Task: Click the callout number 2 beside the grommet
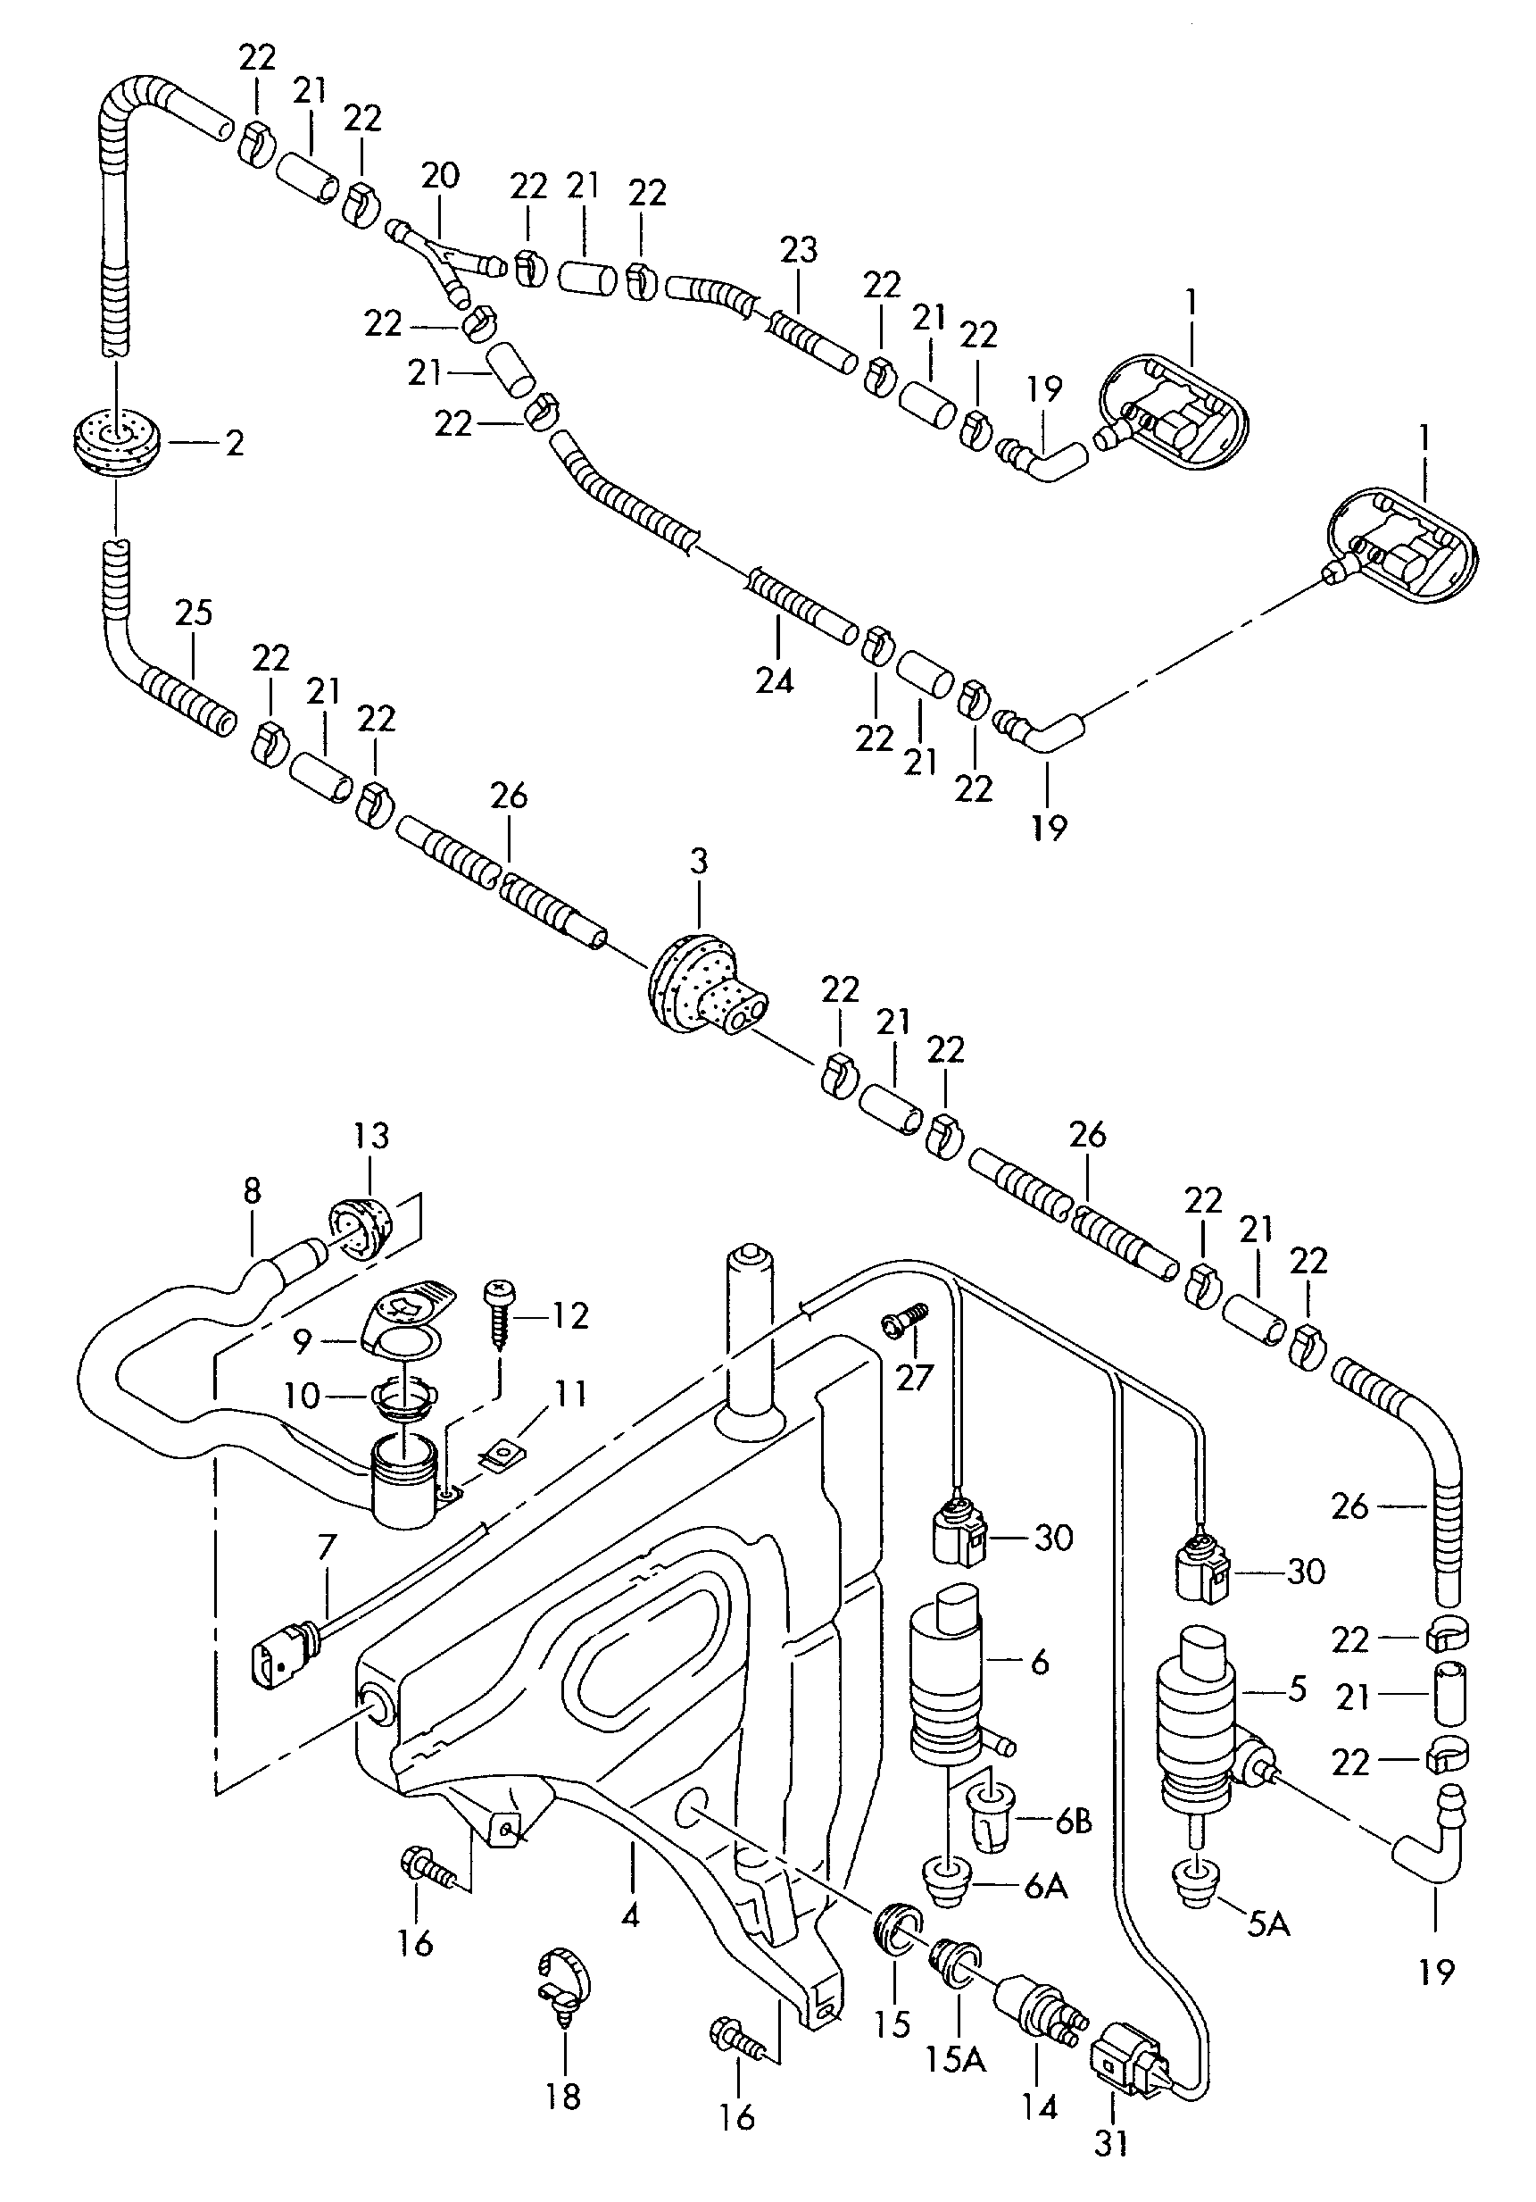[235, 443]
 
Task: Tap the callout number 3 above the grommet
[698, 861]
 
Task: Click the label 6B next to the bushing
[1072, 1822]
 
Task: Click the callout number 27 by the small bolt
[914, 1377]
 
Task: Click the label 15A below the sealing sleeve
[954, 2059]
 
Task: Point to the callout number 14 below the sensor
[1038, 2106]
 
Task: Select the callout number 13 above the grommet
[371, 1136]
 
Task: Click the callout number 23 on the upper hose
[799, 251]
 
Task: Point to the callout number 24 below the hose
[775, 682]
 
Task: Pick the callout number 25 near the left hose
[194, 613]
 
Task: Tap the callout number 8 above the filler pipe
[253, 1192]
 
